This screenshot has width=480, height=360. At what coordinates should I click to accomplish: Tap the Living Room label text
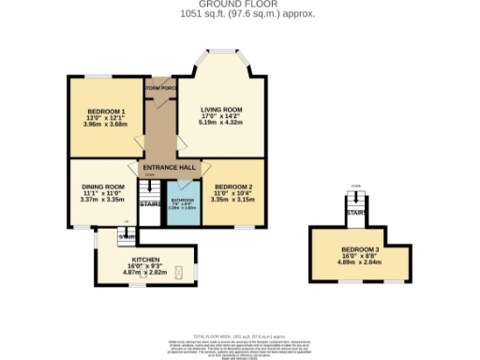[221, 110]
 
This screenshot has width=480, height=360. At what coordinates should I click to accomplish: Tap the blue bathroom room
[183, 205]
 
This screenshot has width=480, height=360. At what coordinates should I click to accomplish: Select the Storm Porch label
[160, 88]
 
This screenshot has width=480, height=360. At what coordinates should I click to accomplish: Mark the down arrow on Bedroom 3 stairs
[355, 186]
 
